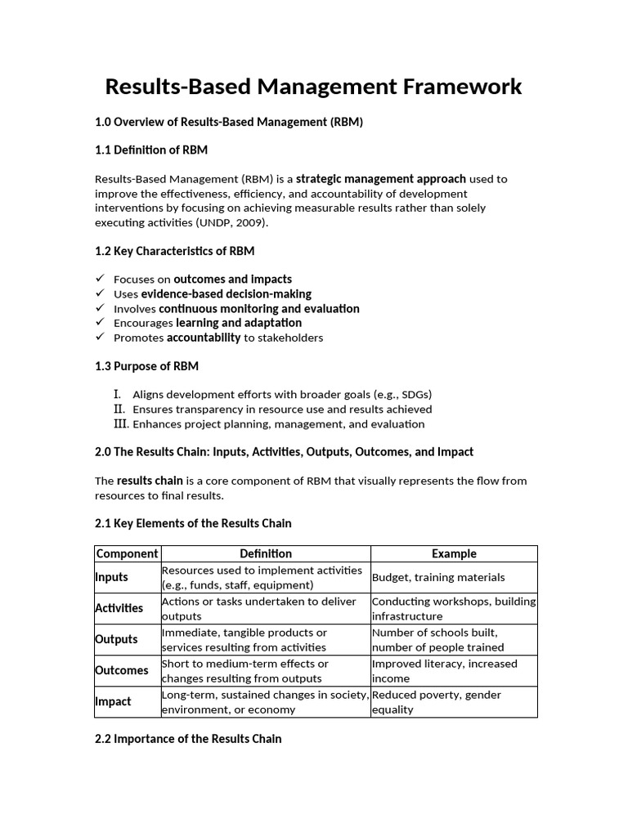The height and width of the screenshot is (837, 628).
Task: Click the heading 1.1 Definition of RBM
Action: [x=151, y=150]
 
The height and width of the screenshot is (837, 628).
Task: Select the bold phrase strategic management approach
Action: [x=381, y=178]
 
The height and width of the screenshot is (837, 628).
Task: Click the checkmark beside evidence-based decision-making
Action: [x=100, y=293]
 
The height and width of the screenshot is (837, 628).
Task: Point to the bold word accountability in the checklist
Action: [x=204, y=338]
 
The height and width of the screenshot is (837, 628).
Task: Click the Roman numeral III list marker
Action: [x=121, y=423]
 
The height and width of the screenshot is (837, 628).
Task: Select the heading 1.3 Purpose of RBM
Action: [x=146, y=366]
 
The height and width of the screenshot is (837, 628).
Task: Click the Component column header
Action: [x=127, y=553]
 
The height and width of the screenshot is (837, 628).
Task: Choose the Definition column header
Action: [x=265, y=553]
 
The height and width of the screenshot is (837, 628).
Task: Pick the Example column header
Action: [x=454, y=553]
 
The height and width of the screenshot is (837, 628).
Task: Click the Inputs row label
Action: [x=112, y=577]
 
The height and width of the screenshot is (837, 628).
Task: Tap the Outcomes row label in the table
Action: [x=122, y=670]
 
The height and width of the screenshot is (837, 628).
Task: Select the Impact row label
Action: [x=113, y=701]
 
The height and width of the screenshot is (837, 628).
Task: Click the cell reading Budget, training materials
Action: [x=438, y=577]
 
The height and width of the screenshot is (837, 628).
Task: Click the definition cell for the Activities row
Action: [x=259, y=608]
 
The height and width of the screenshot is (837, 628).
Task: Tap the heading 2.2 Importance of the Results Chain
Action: [x=188, y=739]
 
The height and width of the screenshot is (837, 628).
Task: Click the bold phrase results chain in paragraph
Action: [x=150, y=481]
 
